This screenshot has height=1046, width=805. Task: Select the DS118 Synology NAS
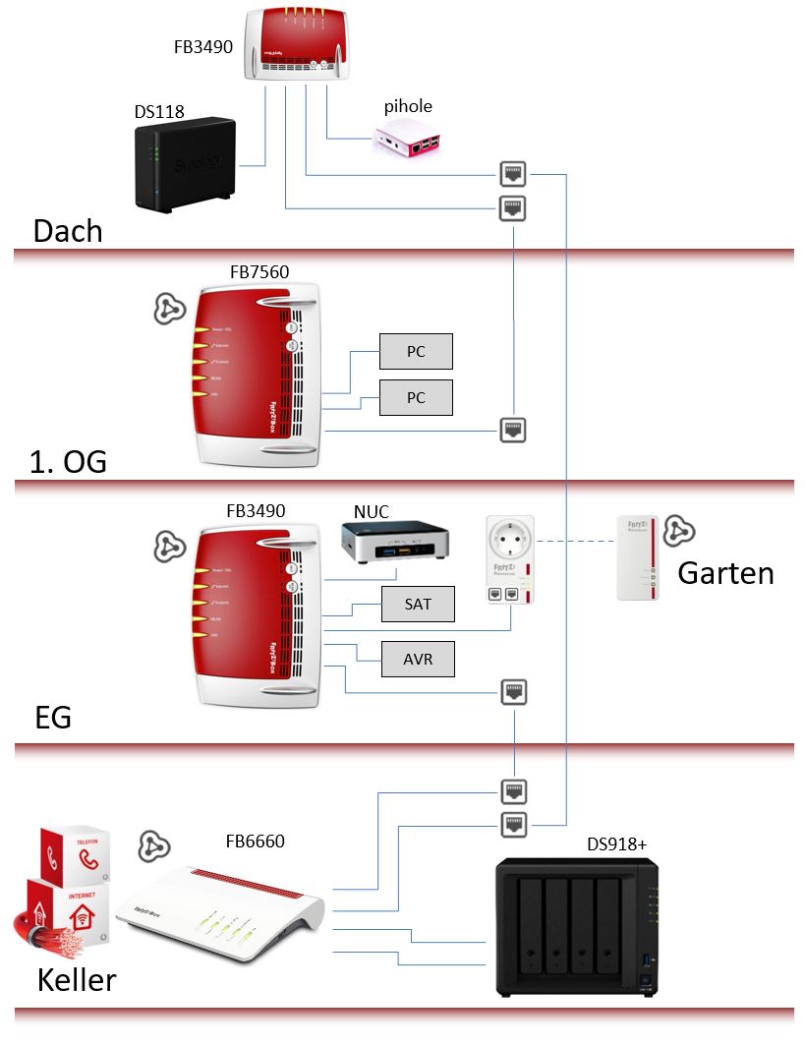(184, 163)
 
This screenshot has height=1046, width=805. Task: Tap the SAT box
(418, 604)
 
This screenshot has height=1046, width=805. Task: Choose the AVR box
(418, 659)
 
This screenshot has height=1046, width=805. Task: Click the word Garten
(725, 573)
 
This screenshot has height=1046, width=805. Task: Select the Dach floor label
(68, 231)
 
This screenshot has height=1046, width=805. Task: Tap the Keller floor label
(77, 980)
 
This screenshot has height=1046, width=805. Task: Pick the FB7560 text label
(259, 272)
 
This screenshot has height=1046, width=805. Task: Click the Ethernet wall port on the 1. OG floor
(513, 430)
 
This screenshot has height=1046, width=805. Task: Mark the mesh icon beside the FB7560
(169, 309)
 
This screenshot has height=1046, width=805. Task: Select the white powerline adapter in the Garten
(635, 557)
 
